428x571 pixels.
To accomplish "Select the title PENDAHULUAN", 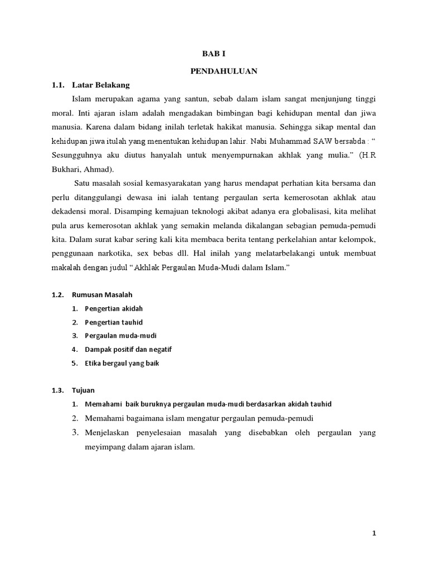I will point(213,71).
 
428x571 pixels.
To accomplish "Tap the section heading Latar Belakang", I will point(105,85).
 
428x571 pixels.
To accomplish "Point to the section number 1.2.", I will point(57,294).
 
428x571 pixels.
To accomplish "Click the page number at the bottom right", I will point(374,533).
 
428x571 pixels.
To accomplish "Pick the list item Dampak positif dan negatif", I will point(128,350).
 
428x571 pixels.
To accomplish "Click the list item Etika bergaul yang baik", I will point(122,363).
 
